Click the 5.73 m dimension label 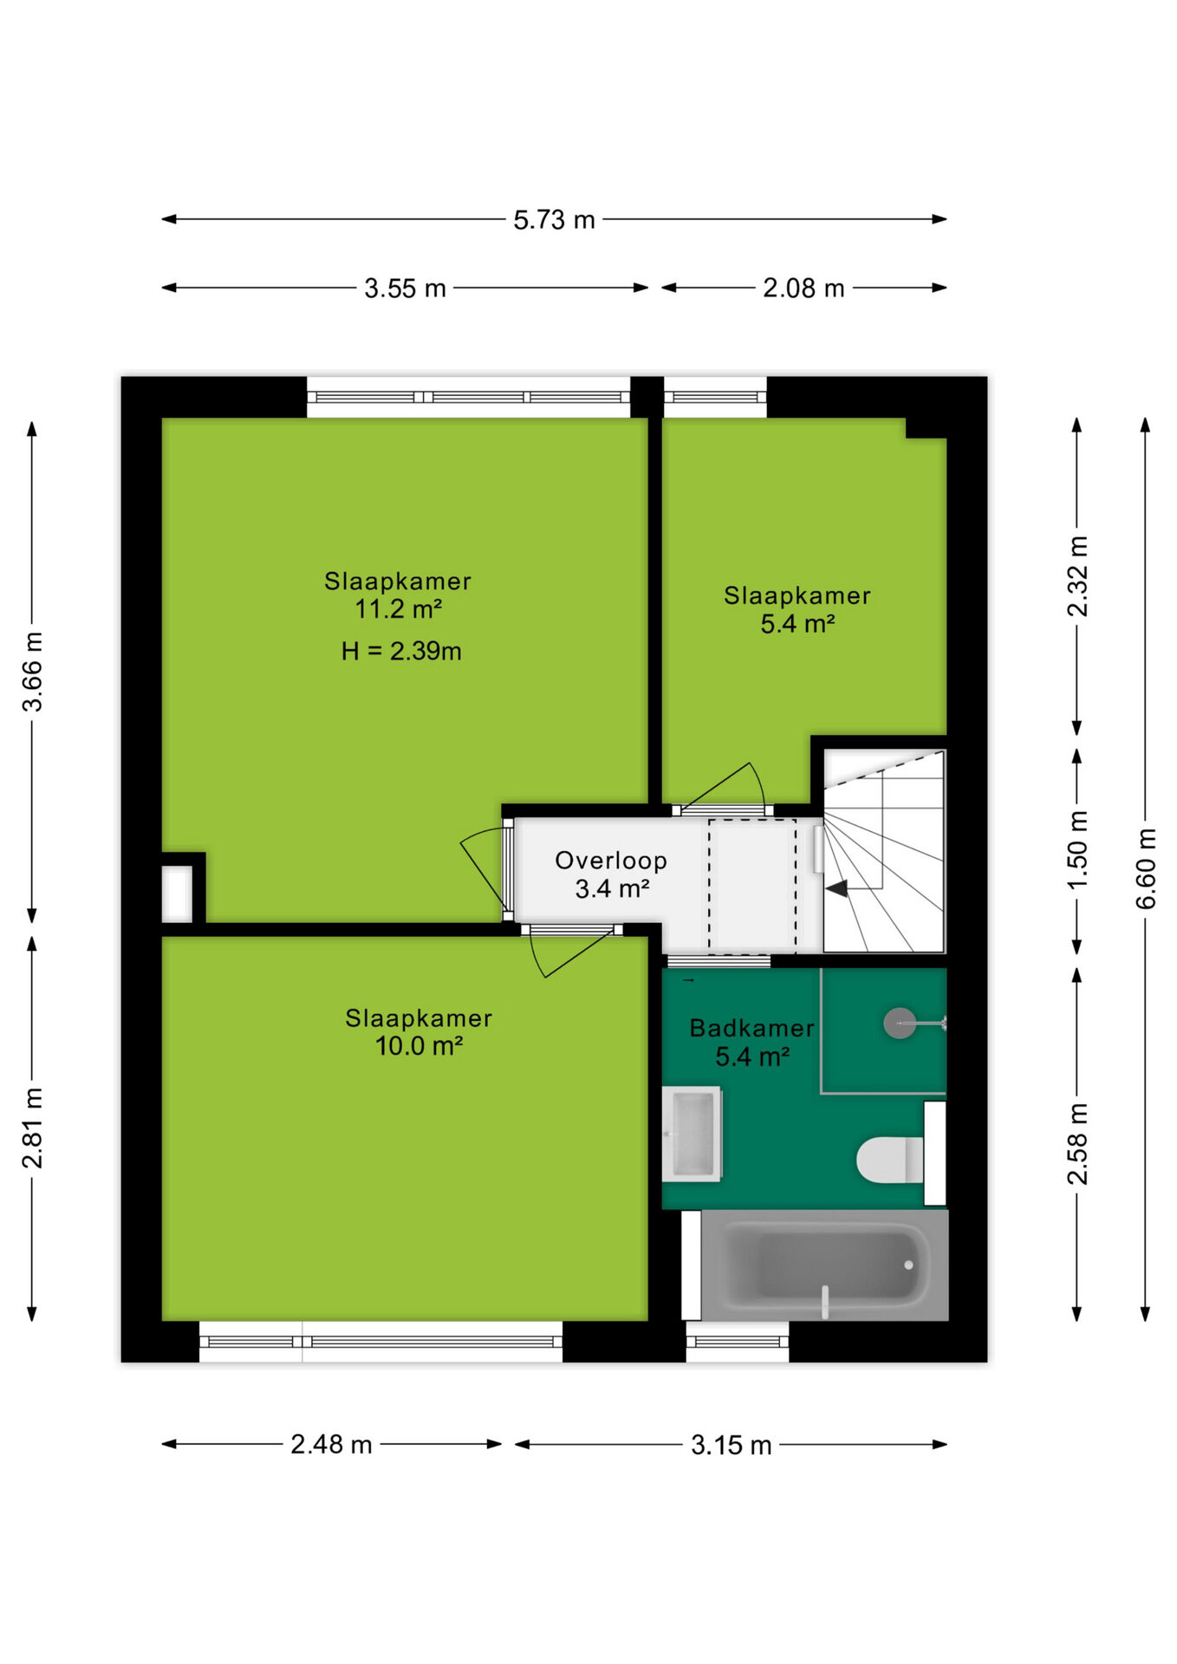point(554,220)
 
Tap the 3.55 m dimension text point(405,288)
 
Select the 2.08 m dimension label point(803,288)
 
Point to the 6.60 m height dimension point(1146,868)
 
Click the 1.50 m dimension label point(1077,850)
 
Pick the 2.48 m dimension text point(331,1444)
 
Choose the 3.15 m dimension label point(731,1445)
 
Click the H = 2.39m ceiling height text point(401,651)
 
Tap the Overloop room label point(611,861)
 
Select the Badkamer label point(751,1028)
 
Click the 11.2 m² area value point(398,609)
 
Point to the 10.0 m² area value point(419,1046)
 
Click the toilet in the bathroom point(890,1160)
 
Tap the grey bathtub point(824,1265)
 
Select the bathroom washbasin point(692,1134)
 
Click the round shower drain point(900,1024)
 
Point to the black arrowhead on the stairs point(836,888)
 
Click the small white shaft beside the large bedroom point(177,894)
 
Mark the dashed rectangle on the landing point(752,887)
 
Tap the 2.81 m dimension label point(32,1128)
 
